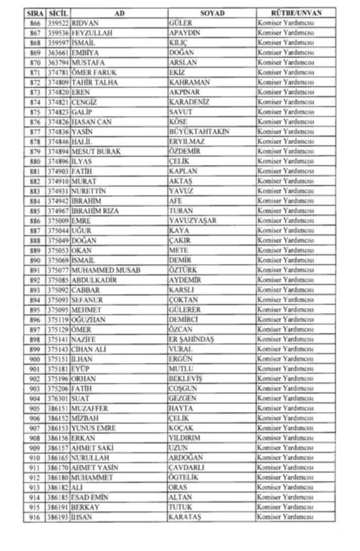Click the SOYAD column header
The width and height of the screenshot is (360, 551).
coord(212,13)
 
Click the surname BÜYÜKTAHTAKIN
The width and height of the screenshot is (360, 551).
coord(199,132)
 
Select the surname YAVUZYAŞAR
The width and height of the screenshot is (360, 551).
coord(192,221)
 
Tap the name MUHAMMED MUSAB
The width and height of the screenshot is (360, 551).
coord(106,270)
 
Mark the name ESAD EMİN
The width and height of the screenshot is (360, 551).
coord(90,498)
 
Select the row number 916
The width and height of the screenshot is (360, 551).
coord(35,517)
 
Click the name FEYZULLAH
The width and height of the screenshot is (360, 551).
coord(92,33)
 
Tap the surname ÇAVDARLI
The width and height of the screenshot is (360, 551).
coord(186,468)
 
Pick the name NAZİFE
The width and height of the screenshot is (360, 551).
coord(84,339)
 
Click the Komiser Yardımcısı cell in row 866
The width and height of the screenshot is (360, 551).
coord(286,23)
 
